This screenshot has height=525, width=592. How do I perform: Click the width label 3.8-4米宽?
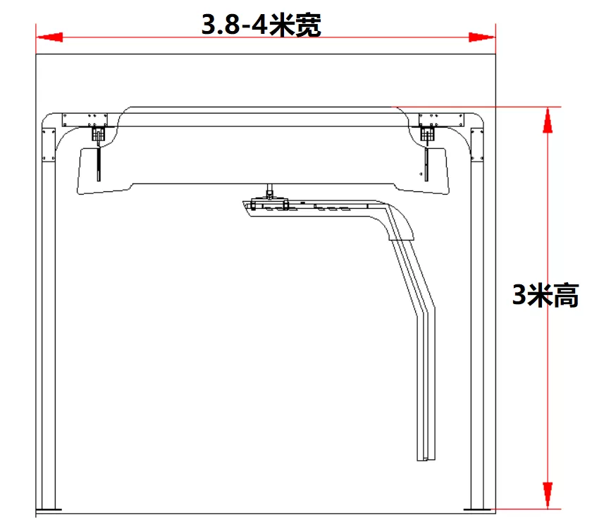pyautogui.click(x=261, y=25)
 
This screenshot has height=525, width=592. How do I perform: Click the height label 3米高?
pyautogui.click(x=545, y=295)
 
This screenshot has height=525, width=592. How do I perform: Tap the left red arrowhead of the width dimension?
pyautogui.click(x=49, y=37)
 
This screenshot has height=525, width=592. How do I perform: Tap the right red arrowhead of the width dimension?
pyautogui.click(x=482, y=37)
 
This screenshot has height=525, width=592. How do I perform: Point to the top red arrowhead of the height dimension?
pyautogui.click(x=548, y=120)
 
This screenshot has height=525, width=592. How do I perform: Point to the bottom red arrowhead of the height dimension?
pyautogui.click(x=548, y=495)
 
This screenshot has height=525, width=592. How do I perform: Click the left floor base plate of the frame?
pyautogui.click(x=49, y=510)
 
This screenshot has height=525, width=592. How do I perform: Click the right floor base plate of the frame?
pyautogui.click(x=476, y=510)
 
